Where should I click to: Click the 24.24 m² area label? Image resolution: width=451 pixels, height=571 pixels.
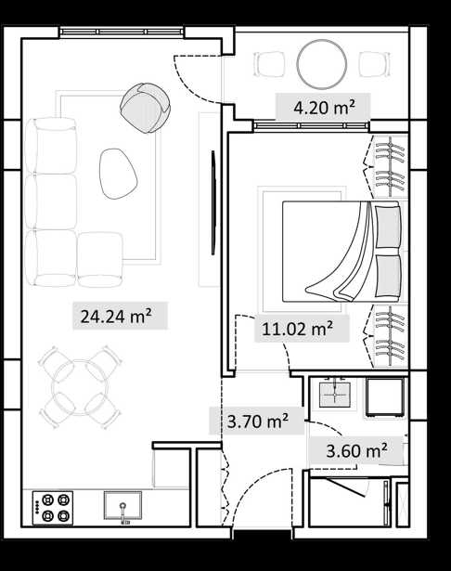point(116,316)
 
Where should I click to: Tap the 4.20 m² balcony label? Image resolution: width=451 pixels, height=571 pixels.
point(324,107)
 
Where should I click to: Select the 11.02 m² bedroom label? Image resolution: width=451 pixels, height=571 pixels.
point(297,329)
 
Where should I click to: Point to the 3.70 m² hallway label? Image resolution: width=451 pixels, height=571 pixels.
point(258,421)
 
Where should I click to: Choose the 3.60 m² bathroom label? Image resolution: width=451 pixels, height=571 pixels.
point(356,451)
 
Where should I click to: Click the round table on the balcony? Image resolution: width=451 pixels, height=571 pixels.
point(321,64)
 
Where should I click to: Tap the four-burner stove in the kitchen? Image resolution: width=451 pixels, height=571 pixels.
point(53,508)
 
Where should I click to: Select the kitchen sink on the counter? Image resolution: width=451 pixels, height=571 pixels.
point(122,506)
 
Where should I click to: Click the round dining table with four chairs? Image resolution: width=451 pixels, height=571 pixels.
point(80,387)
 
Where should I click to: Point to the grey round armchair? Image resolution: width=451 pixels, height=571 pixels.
point(146,108)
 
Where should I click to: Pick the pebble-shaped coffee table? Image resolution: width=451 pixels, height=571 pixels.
point(118,174)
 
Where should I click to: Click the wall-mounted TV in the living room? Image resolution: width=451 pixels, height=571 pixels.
point(213,202)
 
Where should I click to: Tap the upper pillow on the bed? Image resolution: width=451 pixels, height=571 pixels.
point(388,227)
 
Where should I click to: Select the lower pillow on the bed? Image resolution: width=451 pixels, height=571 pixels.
point(388,276)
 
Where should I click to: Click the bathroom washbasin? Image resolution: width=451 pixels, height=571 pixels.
point(334,394)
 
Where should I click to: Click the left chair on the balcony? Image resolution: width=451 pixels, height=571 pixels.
point(269,64)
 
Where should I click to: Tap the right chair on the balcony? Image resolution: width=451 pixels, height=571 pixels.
point(375,64)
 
